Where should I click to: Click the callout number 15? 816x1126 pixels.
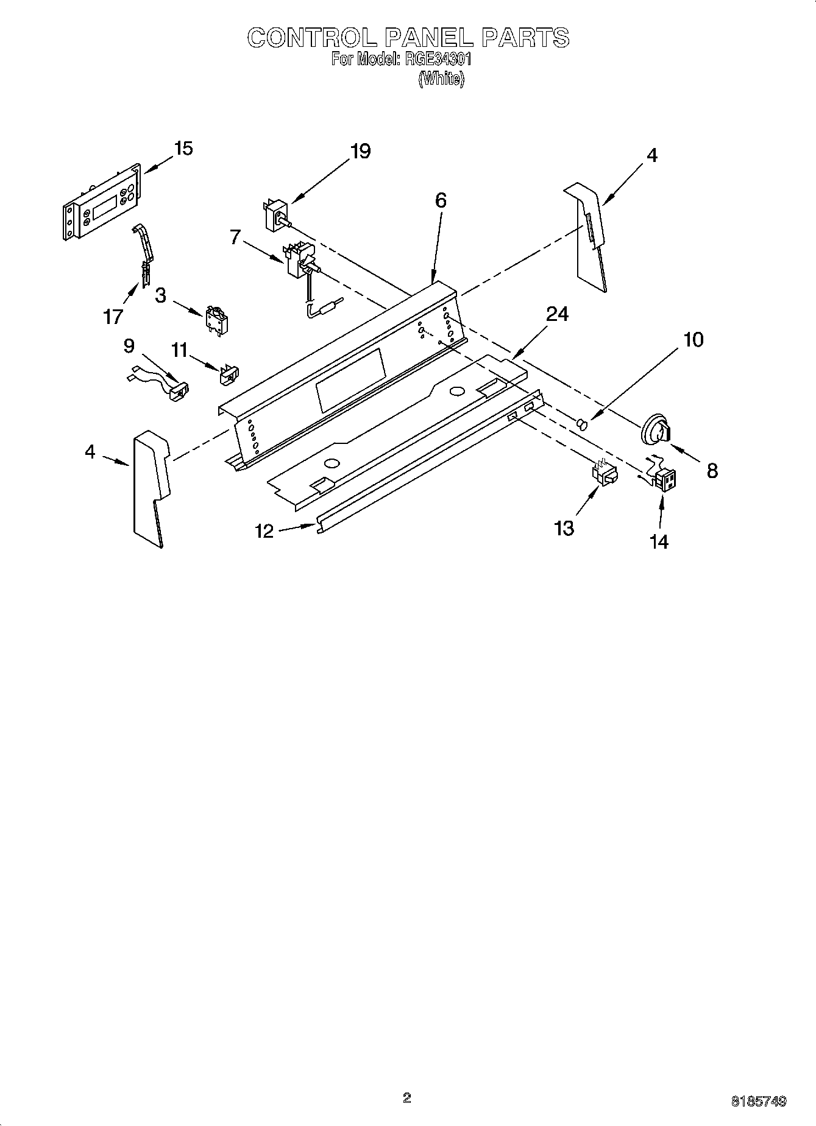183,149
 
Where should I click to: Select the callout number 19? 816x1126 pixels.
361,151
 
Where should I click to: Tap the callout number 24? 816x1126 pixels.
557,314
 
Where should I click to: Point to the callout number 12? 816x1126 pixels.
264,531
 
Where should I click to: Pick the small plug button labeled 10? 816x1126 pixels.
581,422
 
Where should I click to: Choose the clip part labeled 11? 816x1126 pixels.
229,375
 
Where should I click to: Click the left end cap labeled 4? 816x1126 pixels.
150,487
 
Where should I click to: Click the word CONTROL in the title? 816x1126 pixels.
310,38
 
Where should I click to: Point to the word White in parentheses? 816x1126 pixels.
442,79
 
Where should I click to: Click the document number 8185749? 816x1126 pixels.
759,1101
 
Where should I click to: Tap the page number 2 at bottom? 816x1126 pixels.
406,1098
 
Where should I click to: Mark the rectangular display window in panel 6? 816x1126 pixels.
351,380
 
